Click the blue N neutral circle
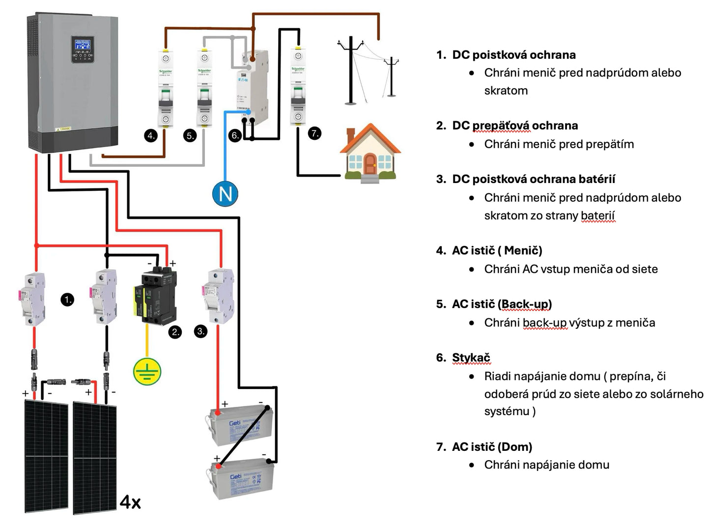pyautogui.click(x=225, y=194)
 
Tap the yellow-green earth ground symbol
pyautogui.click(x=147, y=371)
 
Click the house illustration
pyautogui.click(x=370, y=153)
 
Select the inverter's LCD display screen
pyautogui.click(x=82, y=45)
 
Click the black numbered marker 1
pyautogui.click(x=67, y=299)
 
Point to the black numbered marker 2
pyautogui.click(x=175, y=332)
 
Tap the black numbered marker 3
pyautogui.click(x=201, y=331)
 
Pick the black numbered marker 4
pyautogui.click(x=151, y=135)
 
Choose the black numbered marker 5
pyautogui.click(x=190, y=135)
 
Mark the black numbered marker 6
pyautogui.click(x=235, y=135)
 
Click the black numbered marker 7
pyautogui.click(x=314, y=133)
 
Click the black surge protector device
pyautogui.click(x=159, y=294)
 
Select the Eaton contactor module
pyautogui.click(x=252, y=83)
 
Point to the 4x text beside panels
pyautogui.click(x=130, y=502)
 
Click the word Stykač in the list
pyautogui.click(x=471, y=358)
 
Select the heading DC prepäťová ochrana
pyautogui.click(x=514, y=126)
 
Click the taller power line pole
pyautogui.click(x=350, y=71)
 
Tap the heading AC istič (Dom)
pyautogui.click(x=491, y=447)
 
